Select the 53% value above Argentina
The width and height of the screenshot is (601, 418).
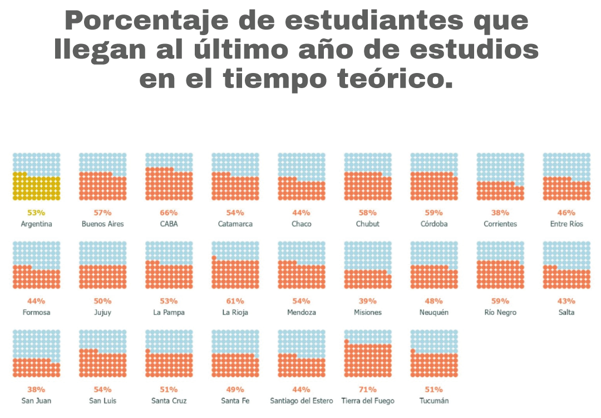pos(36,213)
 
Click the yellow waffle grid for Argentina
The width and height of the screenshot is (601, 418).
pos(36,177)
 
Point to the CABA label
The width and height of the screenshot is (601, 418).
pos(169,224)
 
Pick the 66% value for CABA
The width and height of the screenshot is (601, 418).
pos(169,213)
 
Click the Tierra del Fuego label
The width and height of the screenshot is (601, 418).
pos(368,401)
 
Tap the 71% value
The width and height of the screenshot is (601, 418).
pos(368,390)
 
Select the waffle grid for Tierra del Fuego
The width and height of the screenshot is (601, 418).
pos(368,353)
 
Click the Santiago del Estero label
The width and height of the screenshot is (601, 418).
pos(302,401)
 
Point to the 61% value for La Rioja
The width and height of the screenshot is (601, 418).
pos(235,301)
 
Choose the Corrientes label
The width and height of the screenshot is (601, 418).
pos(500,224)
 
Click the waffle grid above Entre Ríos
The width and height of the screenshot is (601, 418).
pos(566,177)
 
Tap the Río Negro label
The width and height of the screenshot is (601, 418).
pos(500,313)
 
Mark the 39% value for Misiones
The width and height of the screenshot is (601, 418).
pos(368,301)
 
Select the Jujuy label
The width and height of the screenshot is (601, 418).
pos(102,313)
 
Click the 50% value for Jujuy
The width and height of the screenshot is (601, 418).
pos(102,301)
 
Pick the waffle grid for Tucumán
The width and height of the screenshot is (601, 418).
pos(434,353)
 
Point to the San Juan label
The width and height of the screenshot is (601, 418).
pos(36,401)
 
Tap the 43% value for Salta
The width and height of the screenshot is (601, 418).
pos(566,301)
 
